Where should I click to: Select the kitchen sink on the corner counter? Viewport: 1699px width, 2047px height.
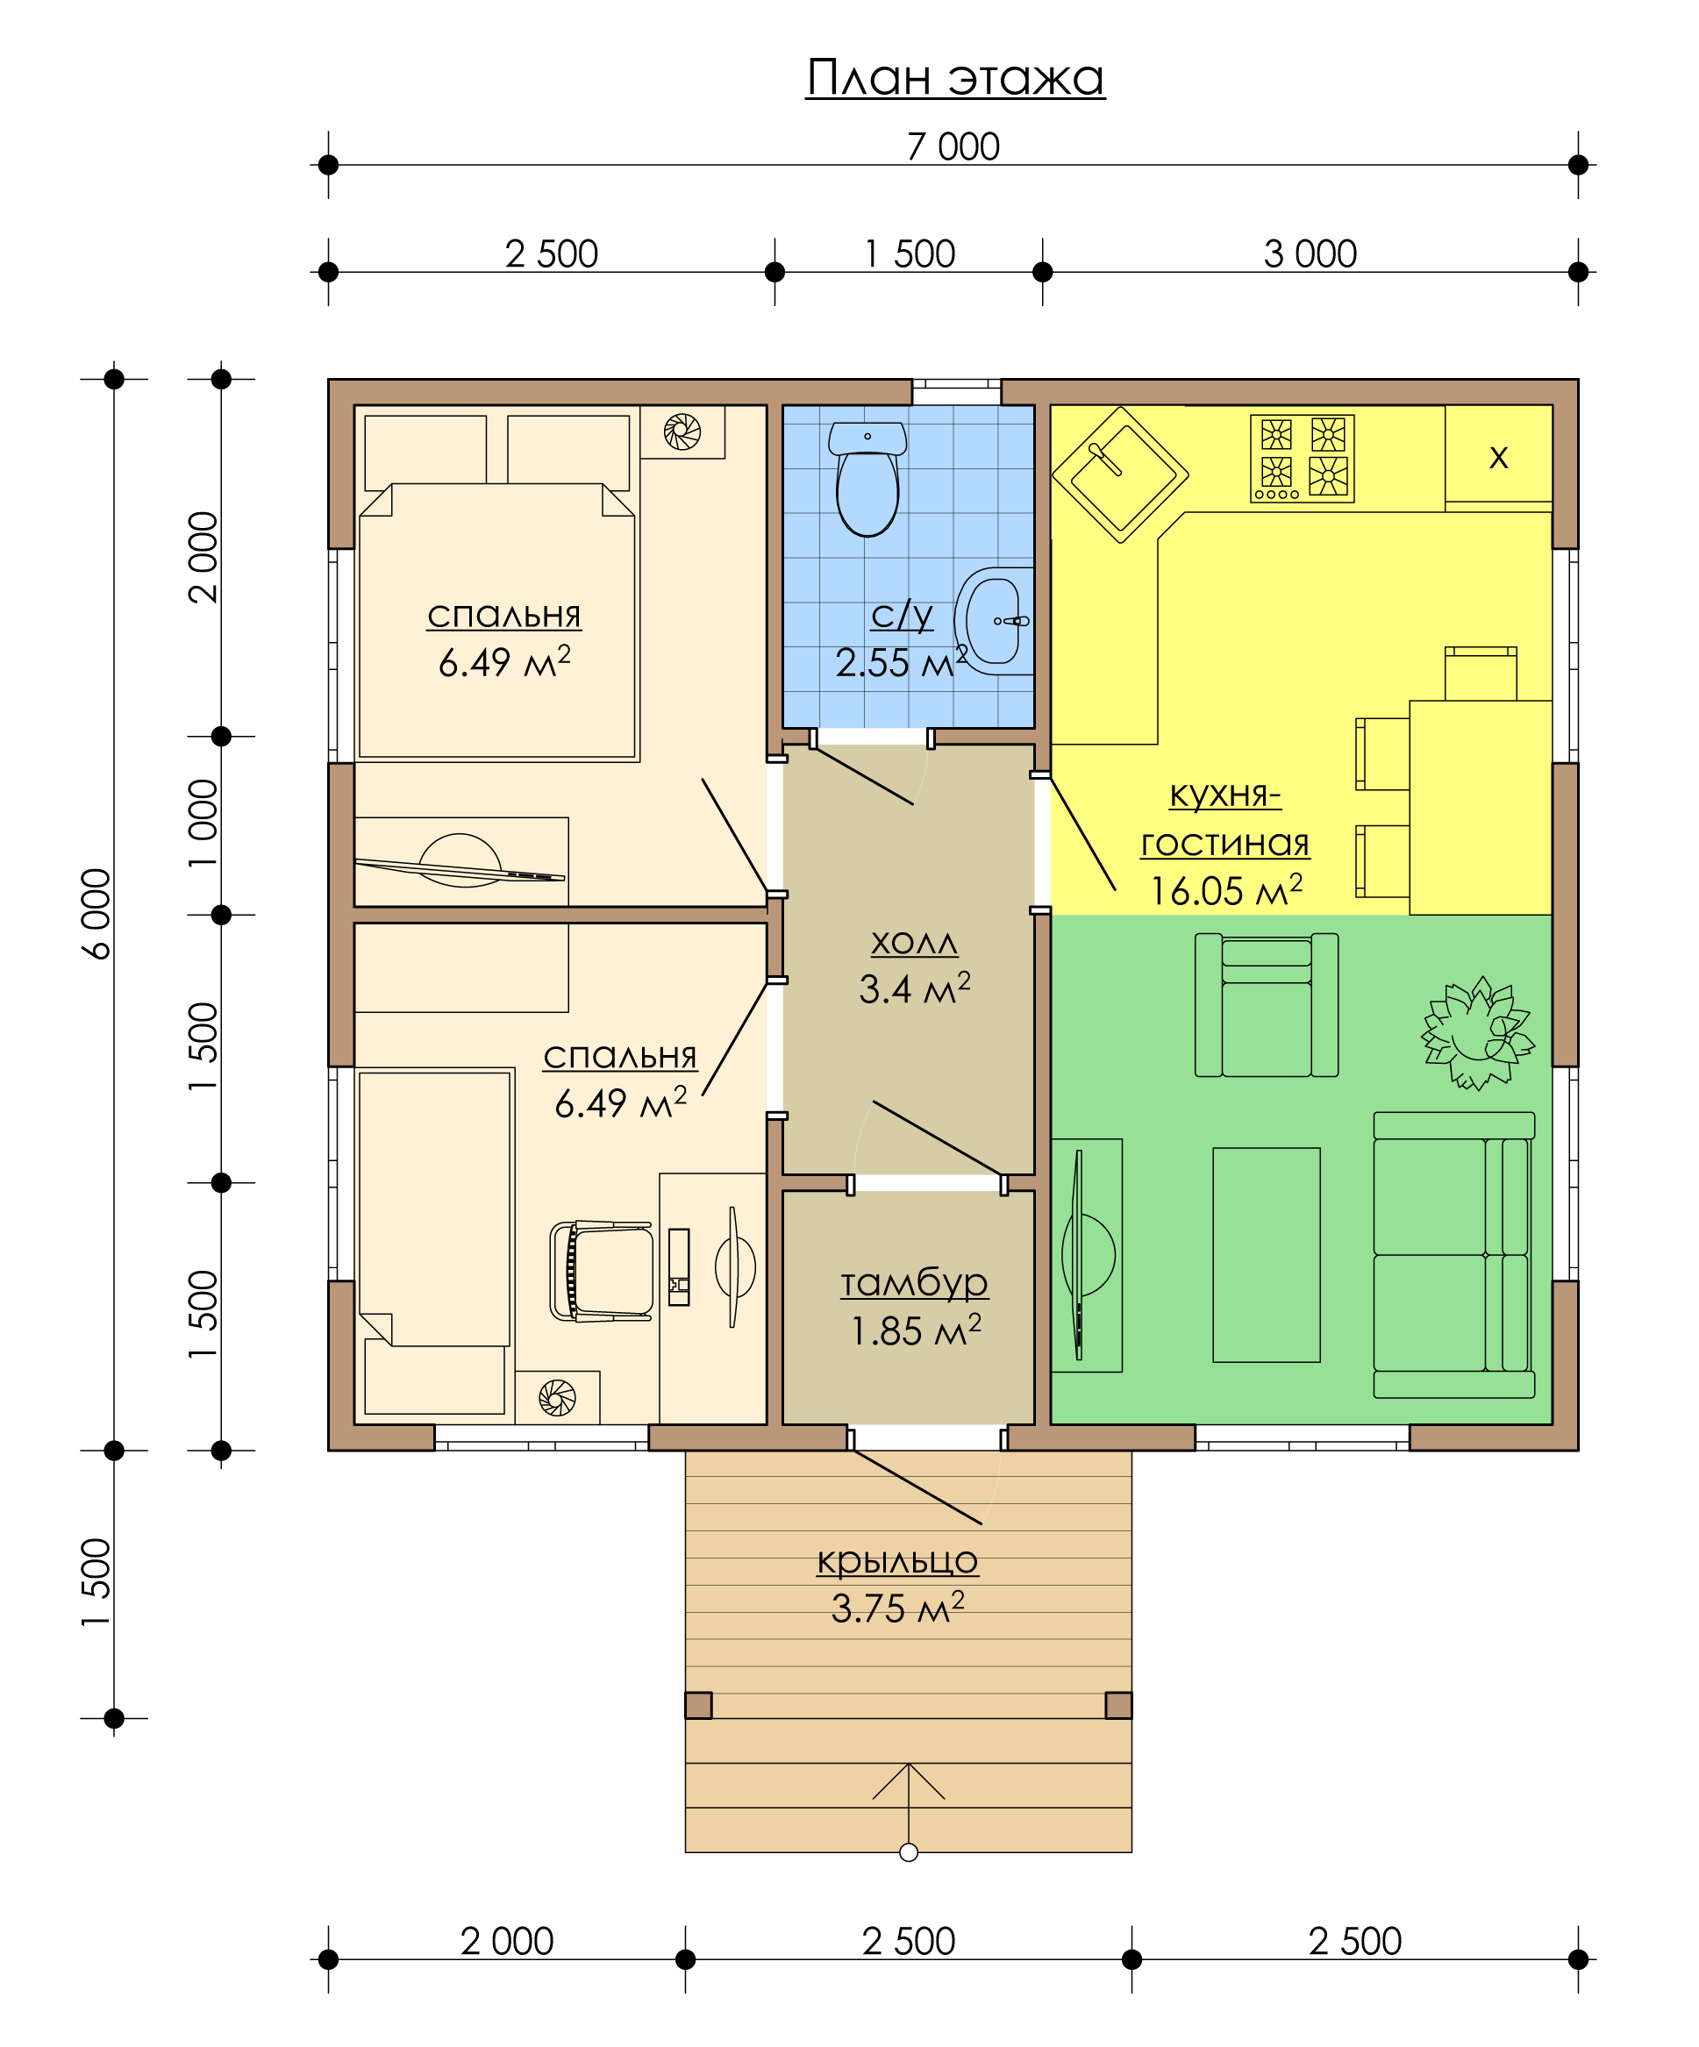click(1120, 474)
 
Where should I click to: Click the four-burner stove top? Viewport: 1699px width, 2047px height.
click(1303, 458)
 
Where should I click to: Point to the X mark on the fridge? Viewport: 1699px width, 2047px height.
click(1498, 456)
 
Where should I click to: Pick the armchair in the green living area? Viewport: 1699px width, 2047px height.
click(1267, 1005)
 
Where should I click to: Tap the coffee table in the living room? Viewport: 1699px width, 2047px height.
click(1267, 1254)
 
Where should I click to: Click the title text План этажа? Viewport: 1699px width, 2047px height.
click(955, 78)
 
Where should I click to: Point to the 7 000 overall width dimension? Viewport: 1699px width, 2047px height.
click(953, 146)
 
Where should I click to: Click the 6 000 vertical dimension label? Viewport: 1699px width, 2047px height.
click(96, 915)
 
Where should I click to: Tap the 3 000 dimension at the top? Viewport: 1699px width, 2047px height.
click(1310, 253)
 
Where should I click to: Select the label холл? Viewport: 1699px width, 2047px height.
click(914, 942)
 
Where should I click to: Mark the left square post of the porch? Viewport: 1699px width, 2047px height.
click(698, 1705)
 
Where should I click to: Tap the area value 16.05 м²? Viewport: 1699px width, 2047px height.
click(1226, 890)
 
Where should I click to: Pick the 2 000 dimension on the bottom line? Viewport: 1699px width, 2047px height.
click(507, 1942)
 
